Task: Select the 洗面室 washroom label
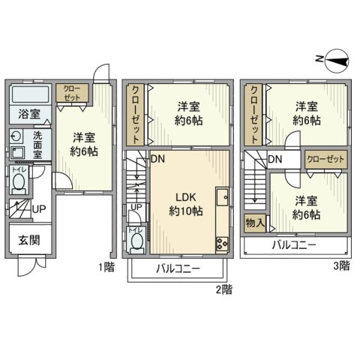[37, 144]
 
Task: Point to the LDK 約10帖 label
[184, 204]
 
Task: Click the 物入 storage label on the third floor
[254, 223]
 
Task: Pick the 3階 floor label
[340, 265]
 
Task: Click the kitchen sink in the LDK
[223, 198]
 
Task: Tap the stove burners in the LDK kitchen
[223, 242]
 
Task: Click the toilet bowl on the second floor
[136, 241]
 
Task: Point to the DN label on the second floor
[158, 159]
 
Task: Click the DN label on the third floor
[275, 159]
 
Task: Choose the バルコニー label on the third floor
[293, 245]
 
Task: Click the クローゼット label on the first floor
[73, 93]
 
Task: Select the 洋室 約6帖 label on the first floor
[84, 144]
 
